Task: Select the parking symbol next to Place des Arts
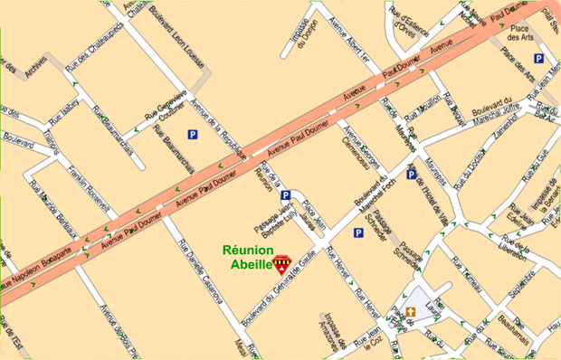538,59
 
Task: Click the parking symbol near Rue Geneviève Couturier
193,135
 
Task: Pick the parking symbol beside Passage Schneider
358,232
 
